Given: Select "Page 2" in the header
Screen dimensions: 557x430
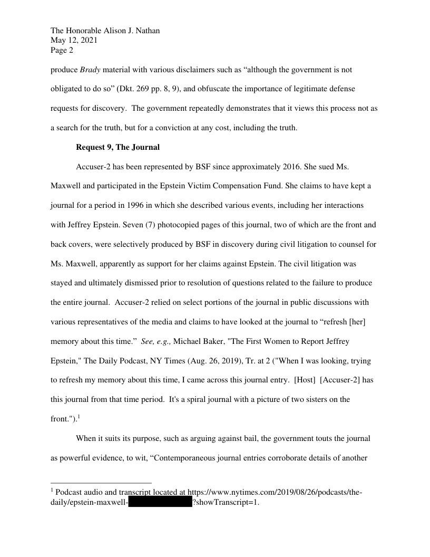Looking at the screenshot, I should click(62, 51).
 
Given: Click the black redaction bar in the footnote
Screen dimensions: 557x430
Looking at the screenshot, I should click(160, 502).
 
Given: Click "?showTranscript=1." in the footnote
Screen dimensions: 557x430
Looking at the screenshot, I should click(226, 502).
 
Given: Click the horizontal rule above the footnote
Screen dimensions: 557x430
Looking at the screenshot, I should click(101, 483).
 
